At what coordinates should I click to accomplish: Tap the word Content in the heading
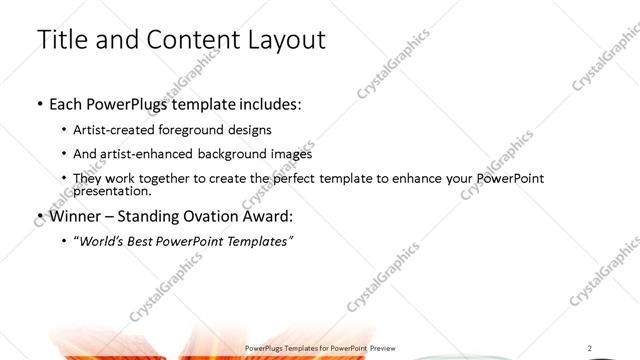pos(189,40)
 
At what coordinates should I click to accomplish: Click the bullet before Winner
pos(39,216)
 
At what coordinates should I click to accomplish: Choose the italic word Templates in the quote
pos(256,241)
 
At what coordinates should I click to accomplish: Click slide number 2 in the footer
pos(590,347)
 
